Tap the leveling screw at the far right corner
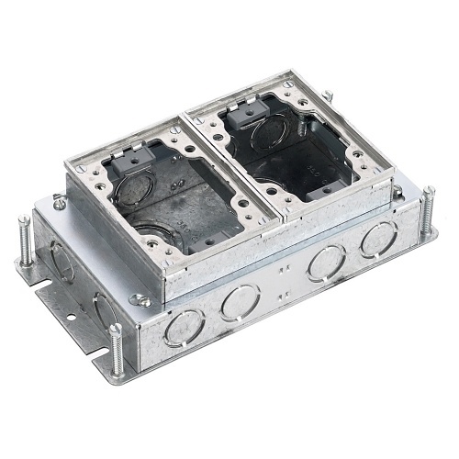tap(429, 207)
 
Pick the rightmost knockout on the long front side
tap(377, 241)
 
